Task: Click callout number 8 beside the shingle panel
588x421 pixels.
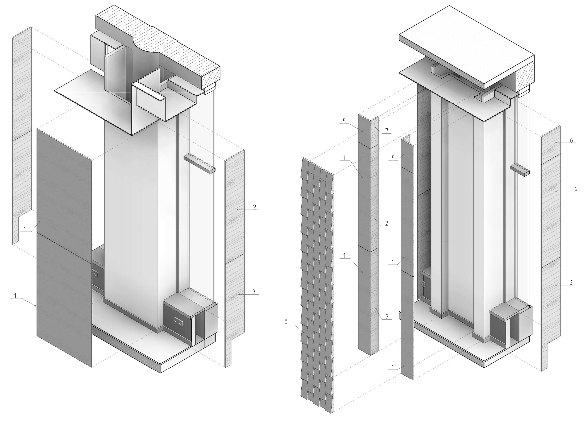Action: (x=286, y=321)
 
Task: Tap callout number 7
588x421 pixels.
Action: (x=387, y=131)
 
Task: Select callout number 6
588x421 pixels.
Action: (x=571, y=140)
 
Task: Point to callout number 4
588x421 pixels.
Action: (x=576, y=189)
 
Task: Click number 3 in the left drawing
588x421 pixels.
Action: (x=254, y=292)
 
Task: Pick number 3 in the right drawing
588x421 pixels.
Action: (x=571, y=282)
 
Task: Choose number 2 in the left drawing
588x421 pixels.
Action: (x=254, y=207)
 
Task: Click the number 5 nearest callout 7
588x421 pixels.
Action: (x=344, y=121)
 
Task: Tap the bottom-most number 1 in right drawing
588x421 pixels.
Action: (x=393, y=367)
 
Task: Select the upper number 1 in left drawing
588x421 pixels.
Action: (x=25, y=229)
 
